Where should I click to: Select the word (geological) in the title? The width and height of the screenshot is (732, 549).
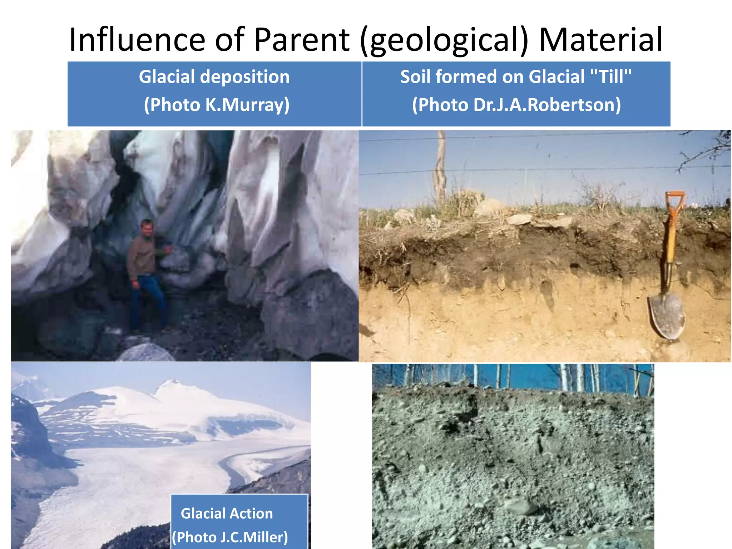click(x=444, y=40)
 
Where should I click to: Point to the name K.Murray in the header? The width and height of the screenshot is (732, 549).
click(x=247, y=105)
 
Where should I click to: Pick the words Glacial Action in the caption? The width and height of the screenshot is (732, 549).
click(x=227, y=514)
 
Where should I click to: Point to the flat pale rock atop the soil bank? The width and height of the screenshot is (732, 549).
click(x=520, y=219)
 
